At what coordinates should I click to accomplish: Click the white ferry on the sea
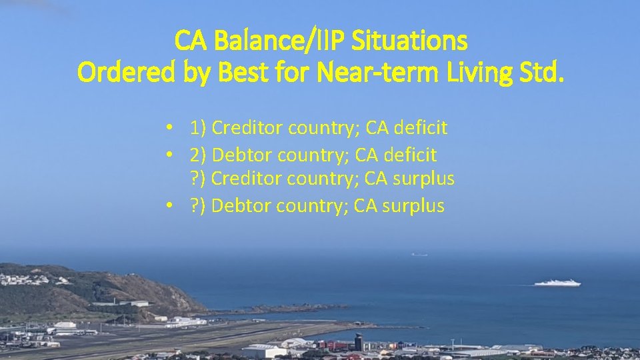point(557,283)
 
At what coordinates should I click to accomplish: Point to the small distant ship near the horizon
point(419,254)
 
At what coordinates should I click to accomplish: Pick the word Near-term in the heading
point(387,72)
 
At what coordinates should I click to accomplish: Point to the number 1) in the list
point(198,127)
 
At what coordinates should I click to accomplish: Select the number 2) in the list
point(198,155)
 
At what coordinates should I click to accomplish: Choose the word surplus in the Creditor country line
point(424,179)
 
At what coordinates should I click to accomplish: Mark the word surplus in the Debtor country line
point(413,206)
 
